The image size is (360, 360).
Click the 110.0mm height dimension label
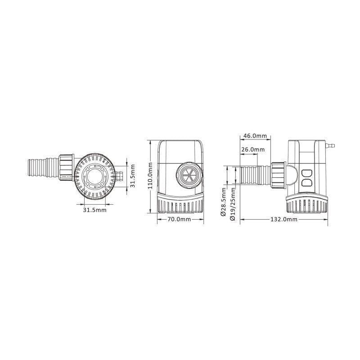[x=152, y=176]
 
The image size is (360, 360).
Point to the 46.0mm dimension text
[x=255, y=136]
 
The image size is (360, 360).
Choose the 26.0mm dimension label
[x=253, y=149]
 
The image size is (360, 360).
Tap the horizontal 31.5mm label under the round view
[x=94, y=210]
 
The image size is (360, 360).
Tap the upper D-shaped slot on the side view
[x=307, y=173]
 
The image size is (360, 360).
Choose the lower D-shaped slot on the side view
[x=307, y=183]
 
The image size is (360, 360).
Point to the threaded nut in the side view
[x=278, y=175]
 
